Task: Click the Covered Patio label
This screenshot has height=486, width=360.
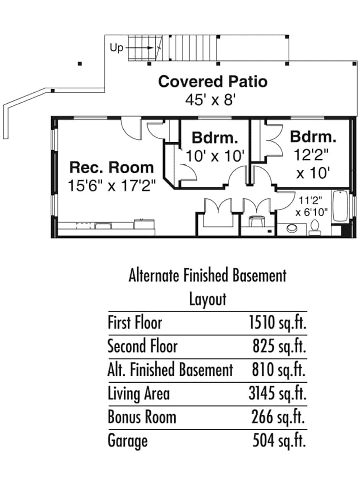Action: [x=212, y=81]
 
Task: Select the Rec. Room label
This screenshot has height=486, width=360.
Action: [x=111, y=167]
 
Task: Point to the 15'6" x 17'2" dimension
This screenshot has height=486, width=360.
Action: [x=112, y=185]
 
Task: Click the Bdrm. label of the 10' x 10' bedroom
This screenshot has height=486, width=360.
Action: [x=215, y=138]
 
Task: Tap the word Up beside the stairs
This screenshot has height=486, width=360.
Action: [x=116, y=48]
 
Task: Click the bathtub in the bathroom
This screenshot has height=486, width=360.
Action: [x=340, y=206]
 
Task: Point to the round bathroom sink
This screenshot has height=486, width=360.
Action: [x=292, y=228]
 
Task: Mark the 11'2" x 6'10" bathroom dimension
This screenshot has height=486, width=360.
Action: [x=311, y=206]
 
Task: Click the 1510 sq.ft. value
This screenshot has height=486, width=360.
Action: [x=278, y=323]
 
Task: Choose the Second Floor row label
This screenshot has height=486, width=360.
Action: [x=142, y=346]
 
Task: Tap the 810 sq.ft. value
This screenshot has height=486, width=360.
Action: [x=279, y=369]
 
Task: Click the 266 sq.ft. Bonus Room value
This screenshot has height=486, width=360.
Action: [x=278, y=417]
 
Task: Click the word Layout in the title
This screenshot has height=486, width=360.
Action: [x=208, y=299]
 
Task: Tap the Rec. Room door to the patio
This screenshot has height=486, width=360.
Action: [x=131, y=129]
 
